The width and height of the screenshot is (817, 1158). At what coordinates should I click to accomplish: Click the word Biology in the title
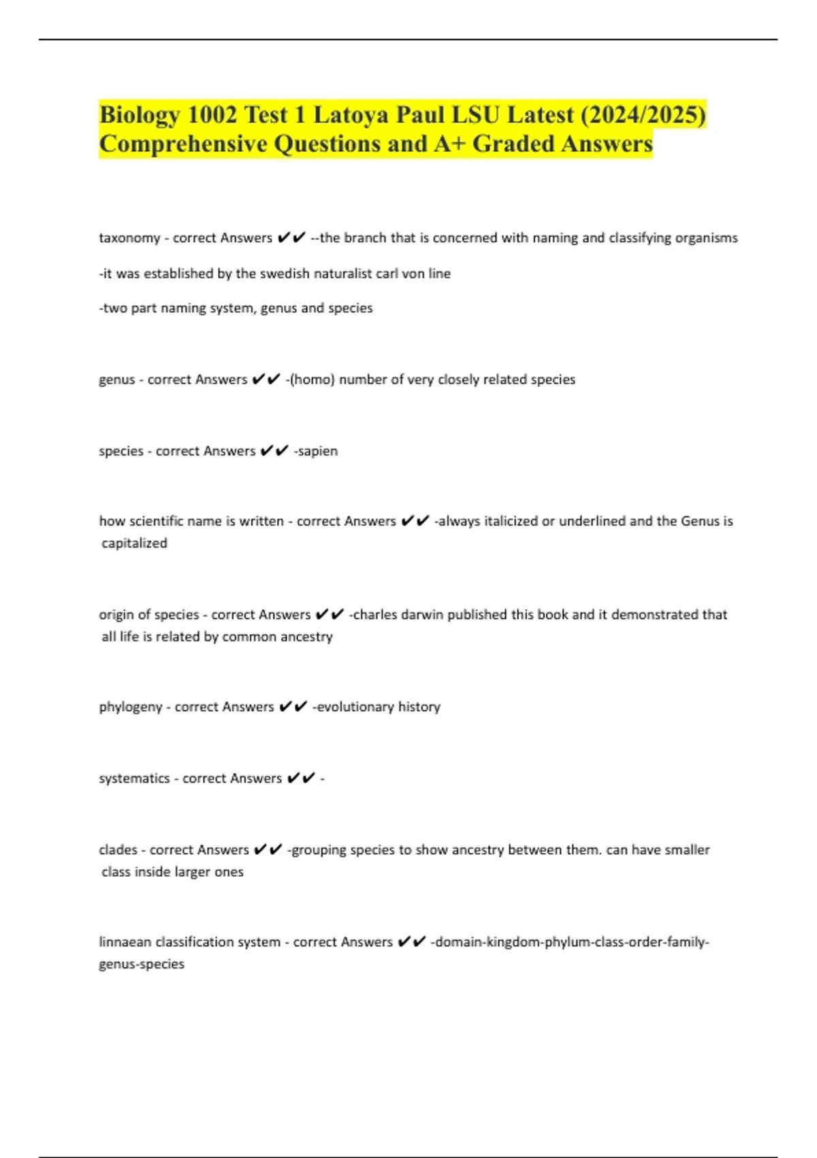(140, 115)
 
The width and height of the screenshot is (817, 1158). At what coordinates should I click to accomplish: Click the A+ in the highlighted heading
(449, 144)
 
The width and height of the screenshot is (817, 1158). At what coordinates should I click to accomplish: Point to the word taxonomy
(129, 238)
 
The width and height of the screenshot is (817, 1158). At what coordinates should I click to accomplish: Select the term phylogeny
(131, 707)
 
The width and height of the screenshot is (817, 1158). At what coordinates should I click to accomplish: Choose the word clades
(118, 849)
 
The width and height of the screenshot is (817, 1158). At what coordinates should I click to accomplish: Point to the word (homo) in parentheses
(312, 379)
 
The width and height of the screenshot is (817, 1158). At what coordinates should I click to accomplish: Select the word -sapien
(315, 451)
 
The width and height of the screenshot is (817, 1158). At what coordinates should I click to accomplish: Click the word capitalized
(134, 543)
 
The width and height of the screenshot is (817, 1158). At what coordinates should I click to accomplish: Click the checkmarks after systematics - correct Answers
(301, 778)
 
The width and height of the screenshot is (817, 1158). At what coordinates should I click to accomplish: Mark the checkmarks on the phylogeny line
(293, 707)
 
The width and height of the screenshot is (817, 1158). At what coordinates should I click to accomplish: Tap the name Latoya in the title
(351, 115)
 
